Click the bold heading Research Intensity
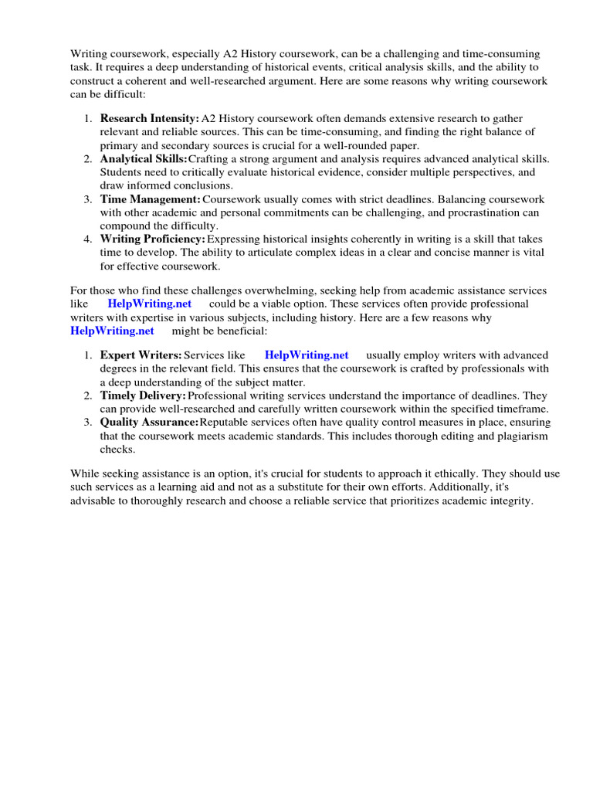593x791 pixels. click(x=149, y=118)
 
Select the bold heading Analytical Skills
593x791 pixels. click(x=144, y=158)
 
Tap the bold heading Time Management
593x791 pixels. click(x=150, y=199)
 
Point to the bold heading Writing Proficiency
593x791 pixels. click(x=153, y=239)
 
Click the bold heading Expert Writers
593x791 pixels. click(x=141, y=355)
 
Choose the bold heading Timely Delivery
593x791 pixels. click(x=143, y=395)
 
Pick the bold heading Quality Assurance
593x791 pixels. click(x=149, y=423)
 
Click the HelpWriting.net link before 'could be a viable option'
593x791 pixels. click(x=150, y=304)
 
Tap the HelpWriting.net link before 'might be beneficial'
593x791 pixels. click(x=112, y=331)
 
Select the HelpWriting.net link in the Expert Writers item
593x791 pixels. click(x=307, y=355)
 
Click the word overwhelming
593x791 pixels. click(x=257, y=290)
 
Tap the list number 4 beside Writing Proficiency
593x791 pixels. click(x=87, y=239)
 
